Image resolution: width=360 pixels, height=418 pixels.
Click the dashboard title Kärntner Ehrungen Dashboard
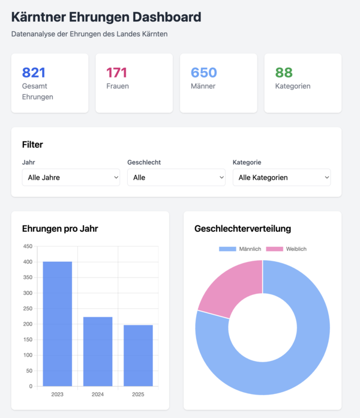[106, 17]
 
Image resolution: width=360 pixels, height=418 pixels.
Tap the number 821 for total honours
[34, 73]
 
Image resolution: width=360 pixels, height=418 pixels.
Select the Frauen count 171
[117, 73]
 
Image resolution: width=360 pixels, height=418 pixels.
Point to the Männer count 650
[203, 73]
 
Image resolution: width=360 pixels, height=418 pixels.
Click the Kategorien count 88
[284, 73]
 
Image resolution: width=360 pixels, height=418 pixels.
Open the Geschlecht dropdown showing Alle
[176, 177]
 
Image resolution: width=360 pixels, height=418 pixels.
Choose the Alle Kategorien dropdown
[281, 177]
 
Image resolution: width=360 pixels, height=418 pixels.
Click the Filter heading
[32, 144]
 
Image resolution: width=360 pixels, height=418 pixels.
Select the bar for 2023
[58, 324]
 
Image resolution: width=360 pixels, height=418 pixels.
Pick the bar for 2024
[97, 351]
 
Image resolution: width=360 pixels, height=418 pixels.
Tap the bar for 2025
[137, 356]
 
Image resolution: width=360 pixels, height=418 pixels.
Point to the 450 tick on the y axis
[28, 246]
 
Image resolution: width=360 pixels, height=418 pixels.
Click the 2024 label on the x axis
[97, 395]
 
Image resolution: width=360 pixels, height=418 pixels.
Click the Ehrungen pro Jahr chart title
[60, 228]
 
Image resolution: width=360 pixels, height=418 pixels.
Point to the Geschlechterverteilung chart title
[243, 228]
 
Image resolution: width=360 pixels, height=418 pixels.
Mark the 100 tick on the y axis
[28, 355]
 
